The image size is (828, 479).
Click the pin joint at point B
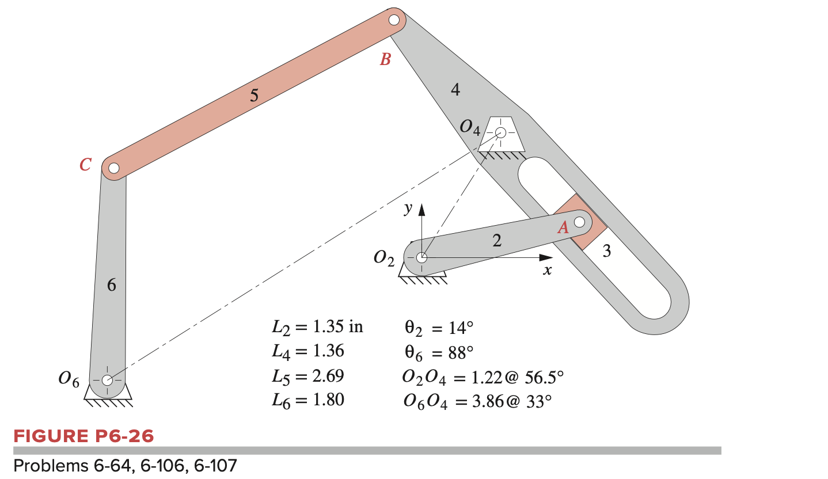click(394, 20)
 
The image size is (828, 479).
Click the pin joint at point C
click(114, 168)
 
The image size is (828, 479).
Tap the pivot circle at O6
click(107, 380)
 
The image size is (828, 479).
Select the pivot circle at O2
click(421, 257)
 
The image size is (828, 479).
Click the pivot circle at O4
click(500, 133)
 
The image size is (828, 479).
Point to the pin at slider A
click(579, 221)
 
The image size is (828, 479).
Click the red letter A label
click(563, 228)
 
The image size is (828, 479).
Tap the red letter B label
click(385, 59)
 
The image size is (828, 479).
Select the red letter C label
click(85, 165)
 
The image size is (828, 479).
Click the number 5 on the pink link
click(254, 96)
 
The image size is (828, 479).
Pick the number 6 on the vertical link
click(112, 284)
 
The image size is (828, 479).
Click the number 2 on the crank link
click(496, 241)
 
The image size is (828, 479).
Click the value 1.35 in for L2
click(337, 328)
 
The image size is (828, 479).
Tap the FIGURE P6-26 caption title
click(84, 436)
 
